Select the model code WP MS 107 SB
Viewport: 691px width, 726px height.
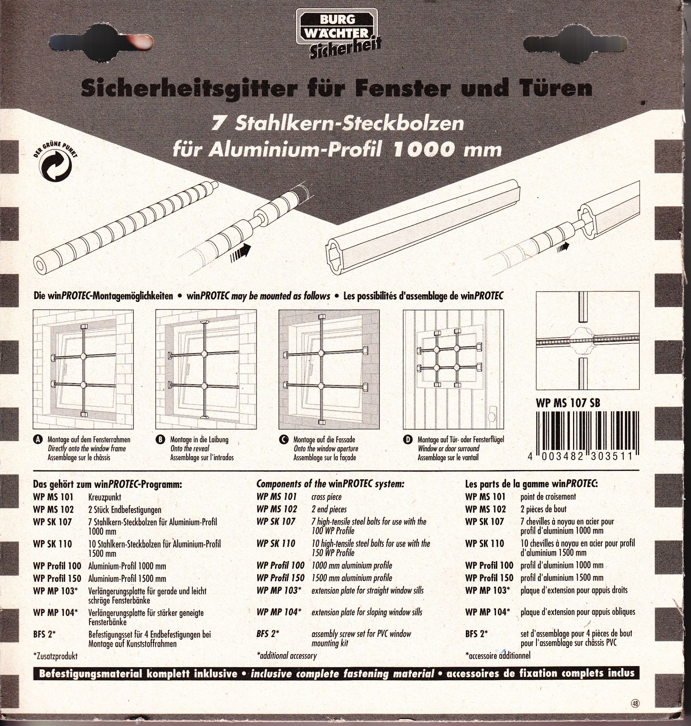568,403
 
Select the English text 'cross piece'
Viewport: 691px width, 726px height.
326,497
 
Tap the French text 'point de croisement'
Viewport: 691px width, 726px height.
548,497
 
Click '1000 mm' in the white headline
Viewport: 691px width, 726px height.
447,150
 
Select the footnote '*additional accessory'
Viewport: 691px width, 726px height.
286,656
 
